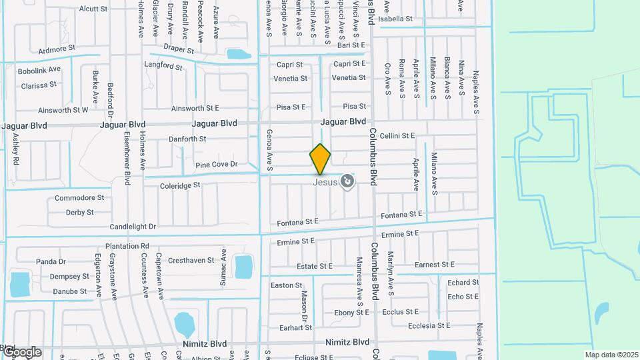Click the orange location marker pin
tap(320, 159)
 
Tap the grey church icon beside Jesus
tap(347, 181)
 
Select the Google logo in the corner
tap(21, 351)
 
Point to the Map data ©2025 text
tap(611, 355)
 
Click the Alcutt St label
tap(93, 9)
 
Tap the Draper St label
tap(179, 50)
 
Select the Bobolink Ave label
tap(39, 69)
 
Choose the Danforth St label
tap(189, 139)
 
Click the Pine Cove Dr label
tap(217, 165)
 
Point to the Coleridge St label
tap(180, 186)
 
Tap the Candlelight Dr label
tap(133, 227)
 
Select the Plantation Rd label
tap(127, 246)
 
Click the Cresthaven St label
tap(191, 261)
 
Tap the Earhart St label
tap(295, 328)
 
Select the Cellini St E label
tap(397, 136)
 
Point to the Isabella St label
tap(396, 19)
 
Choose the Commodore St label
tap(79, 198)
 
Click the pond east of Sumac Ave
tap(243, 267)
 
